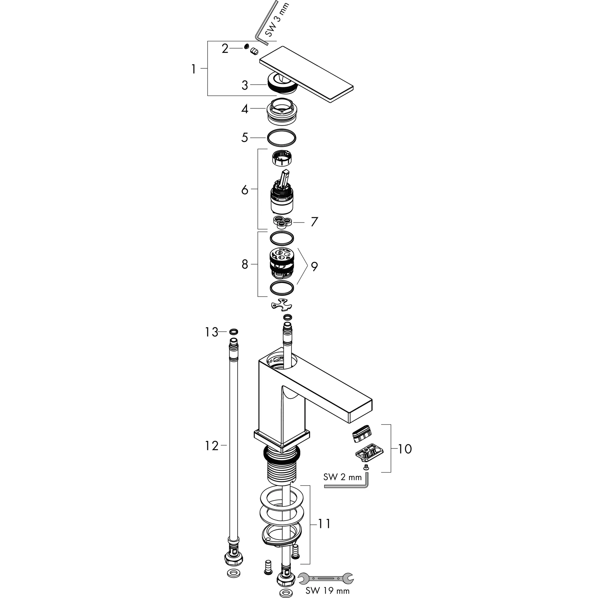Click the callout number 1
(x=194, y=69)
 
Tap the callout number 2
(x=225, y=48)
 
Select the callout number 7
(x=314, y=222)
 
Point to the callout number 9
(x=314, y=266)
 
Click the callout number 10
(x=404, y=449)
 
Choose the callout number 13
(x=212, y=332)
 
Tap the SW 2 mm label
(x=342, y=477)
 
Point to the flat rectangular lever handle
(x=306, y=74)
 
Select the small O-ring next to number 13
(x=234, y=332)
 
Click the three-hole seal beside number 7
(x=282, y=222)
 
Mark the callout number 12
(x=212, y=446)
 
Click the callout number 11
(x=324, y=524)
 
